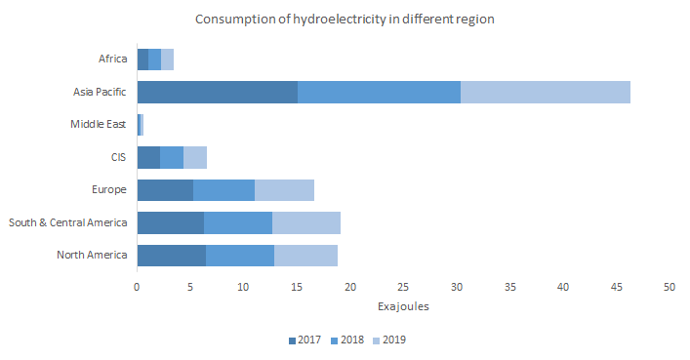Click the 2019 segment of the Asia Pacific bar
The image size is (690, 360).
[x=545, y=92]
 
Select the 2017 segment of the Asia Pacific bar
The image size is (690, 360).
[x=217, y=92]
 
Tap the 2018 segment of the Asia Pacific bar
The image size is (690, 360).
[x=379, y=92]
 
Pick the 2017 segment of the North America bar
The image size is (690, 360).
[x=171, y=256]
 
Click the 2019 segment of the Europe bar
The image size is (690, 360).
[x=284, y=190]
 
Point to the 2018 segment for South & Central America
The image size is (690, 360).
[x=238, y=222]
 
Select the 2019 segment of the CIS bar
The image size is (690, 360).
[x=195, y=157]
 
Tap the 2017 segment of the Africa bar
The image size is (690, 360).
[x=142, y=60]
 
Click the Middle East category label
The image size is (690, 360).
[x=99, y=124]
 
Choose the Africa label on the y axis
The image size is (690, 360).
[x=113, y=60]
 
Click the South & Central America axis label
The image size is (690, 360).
[x=68, y=222]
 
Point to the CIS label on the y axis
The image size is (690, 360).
[x=119, y=157]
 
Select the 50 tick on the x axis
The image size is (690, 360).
[x=670, y=288]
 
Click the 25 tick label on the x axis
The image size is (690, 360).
[x=403, y=288]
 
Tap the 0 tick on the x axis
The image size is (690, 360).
[x=137, y=288]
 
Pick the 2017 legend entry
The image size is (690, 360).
[x=308, y=340]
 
